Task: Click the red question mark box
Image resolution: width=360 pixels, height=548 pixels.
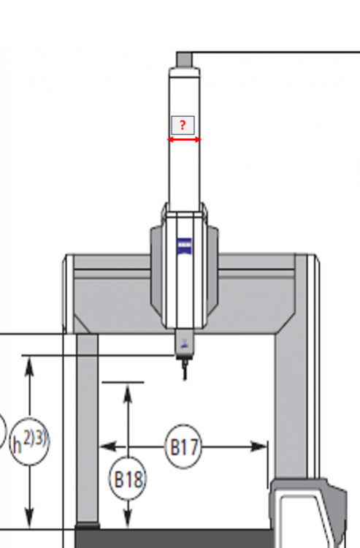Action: tap(183, 126)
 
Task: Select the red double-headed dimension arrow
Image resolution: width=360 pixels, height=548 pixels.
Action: tap(184, 140)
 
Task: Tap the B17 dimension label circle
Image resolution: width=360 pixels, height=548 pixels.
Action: tap(183, 446)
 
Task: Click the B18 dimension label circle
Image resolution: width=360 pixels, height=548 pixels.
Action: tap(128, 479)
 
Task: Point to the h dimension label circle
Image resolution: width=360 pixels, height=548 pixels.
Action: tap(29, 441)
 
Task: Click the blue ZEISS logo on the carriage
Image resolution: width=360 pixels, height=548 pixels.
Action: tap(184, 246)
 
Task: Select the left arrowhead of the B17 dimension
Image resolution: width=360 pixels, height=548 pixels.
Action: tap(107, 446)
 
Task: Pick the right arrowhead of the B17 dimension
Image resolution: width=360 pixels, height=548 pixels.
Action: tap(259, 446)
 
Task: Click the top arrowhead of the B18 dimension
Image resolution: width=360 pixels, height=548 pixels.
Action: tap(128, 392)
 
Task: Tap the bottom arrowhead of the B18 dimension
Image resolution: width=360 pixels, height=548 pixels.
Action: tap(128, 518)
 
